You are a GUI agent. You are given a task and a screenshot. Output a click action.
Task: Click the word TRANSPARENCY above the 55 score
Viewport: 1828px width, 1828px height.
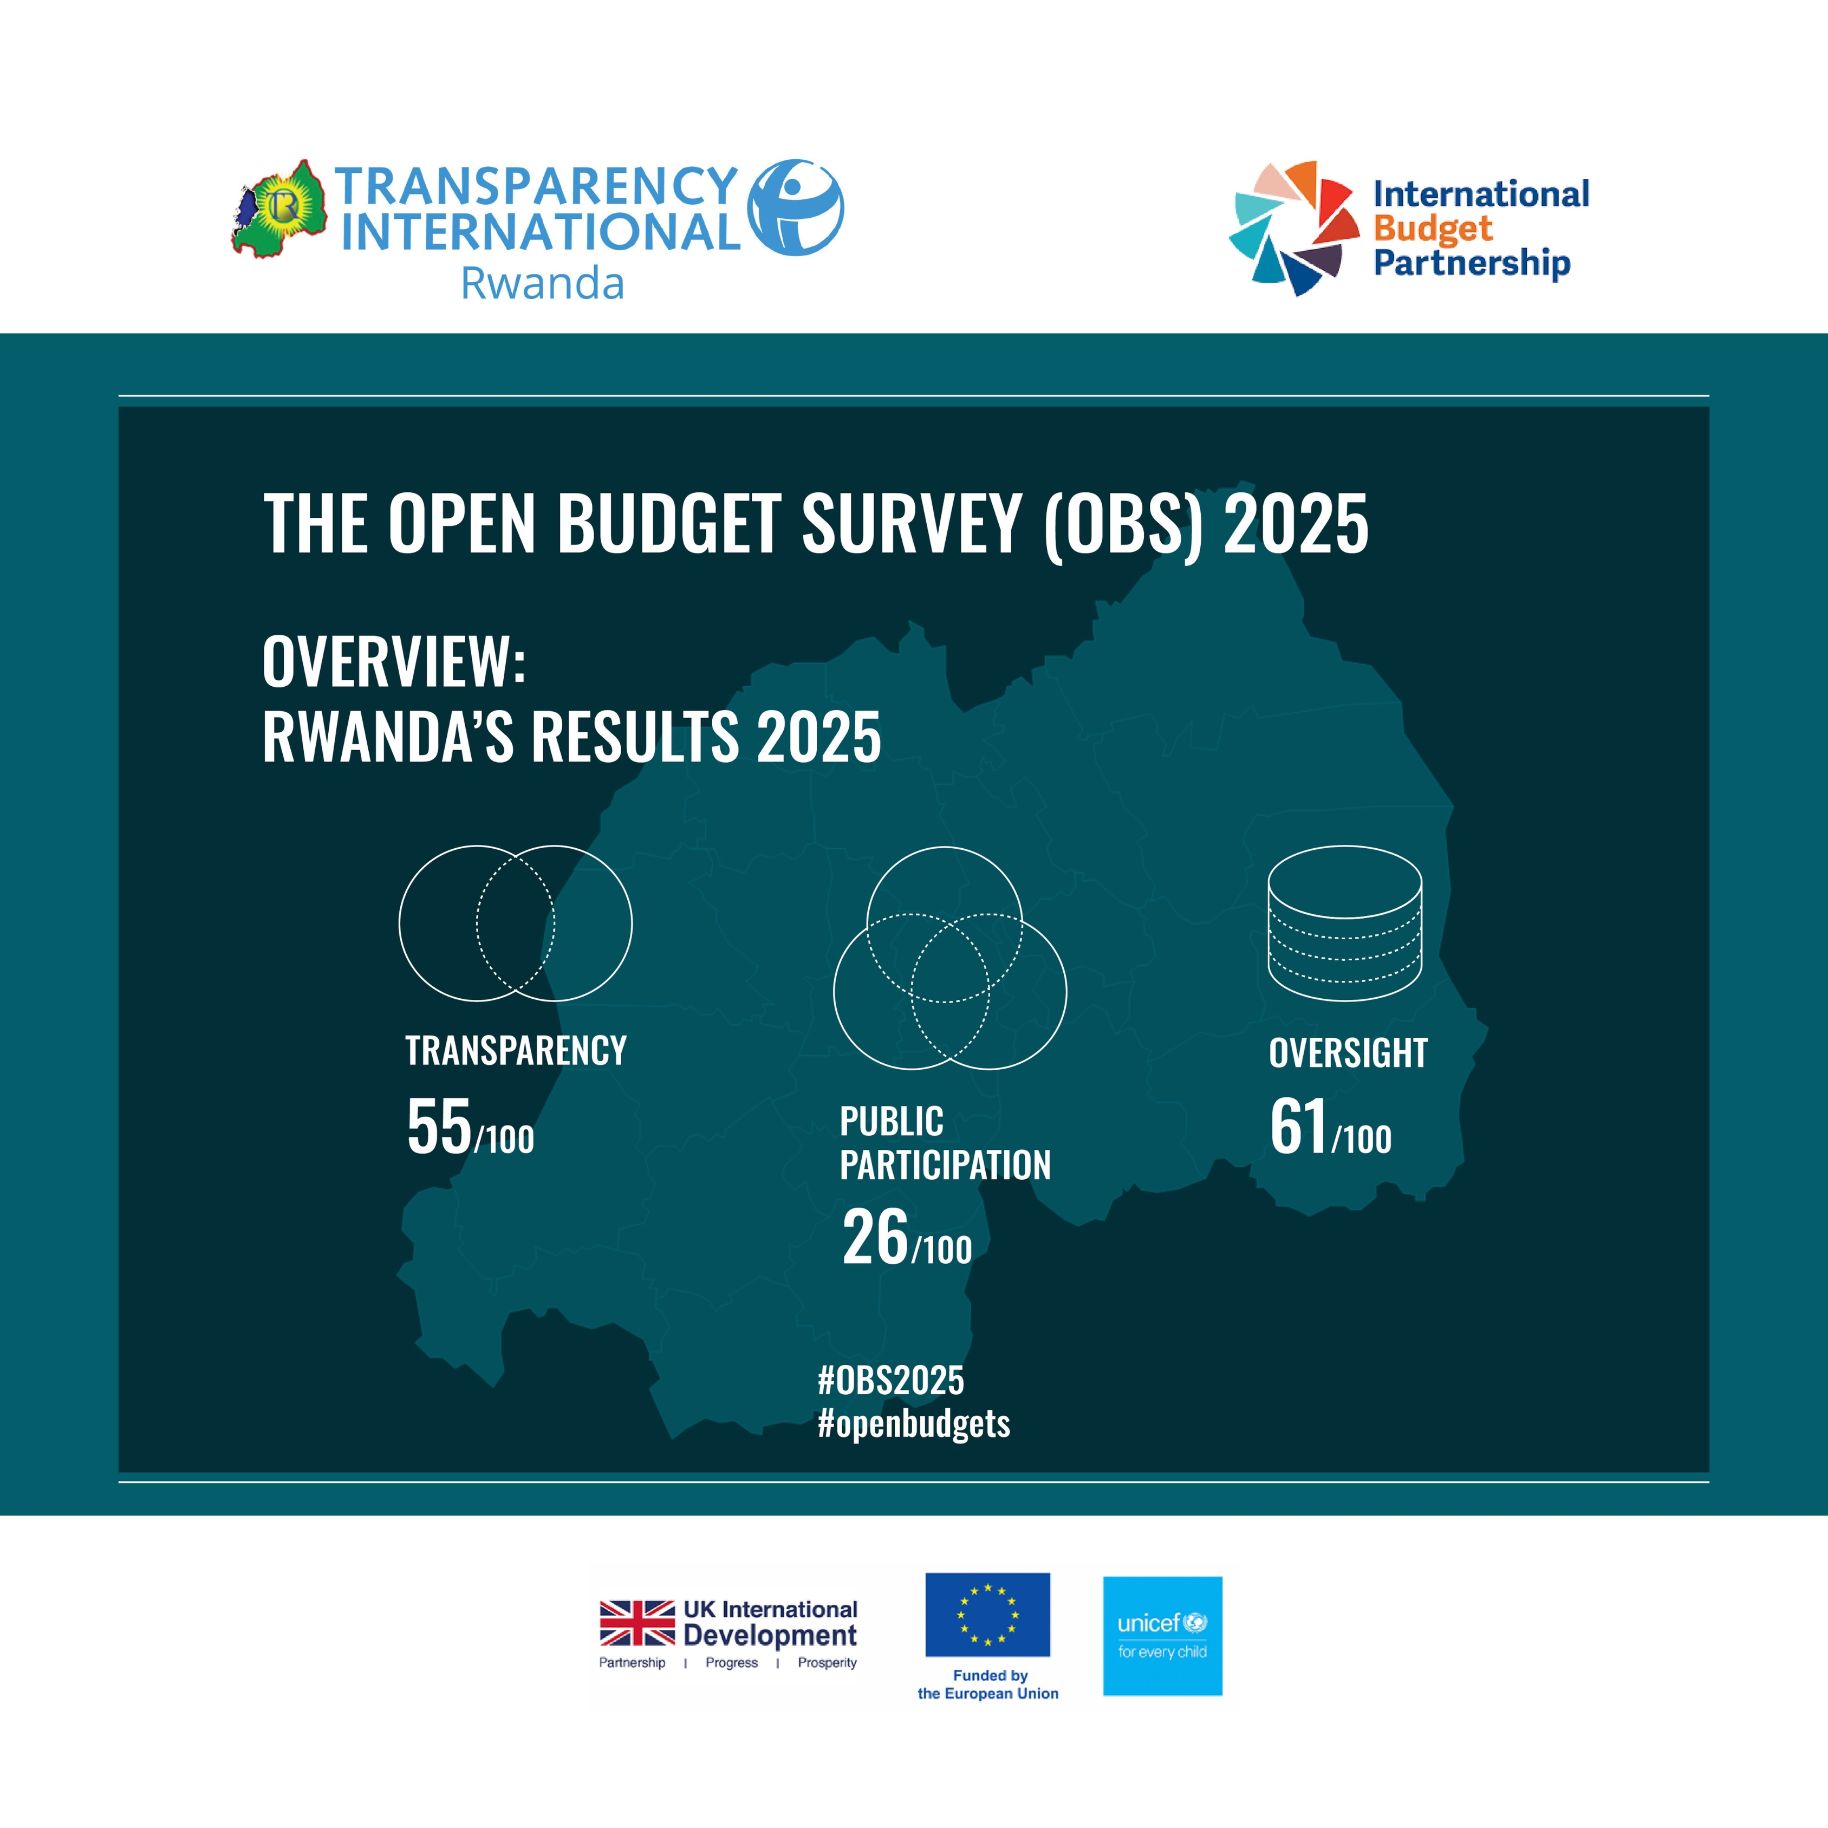pos(516,1050)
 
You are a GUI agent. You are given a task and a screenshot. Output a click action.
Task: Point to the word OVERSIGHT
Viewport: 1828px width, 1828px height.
pos(1348,1053)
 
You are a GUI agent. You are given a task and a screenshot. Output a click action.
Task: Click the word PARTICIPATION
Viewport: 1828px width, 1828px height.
pos(945,1165)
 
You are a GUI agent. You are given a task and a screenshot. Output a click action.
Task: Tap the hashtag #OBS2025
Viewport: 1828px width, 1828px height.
pos(890,1381)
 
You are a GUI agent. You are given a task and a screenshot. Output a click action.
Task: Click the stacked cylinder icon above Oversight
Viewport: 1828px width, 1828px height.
pos(1344,923)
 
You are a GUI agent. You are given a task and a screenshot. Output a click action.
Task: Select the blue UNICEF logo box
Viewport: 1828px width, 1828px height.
pos(1163,1636)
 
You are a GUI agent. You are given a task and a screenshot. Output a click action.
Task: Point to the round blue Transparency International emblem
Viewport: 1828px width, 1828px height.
pos(795,207)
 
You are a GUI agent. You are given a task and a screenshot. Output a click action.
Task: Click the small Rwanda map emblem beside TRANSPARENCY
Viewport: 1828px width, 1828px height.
pos(280,209)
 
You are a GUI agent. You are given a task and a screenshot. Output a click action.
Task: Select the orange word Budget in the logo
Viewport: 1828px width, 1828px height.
pos(1433,230)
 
